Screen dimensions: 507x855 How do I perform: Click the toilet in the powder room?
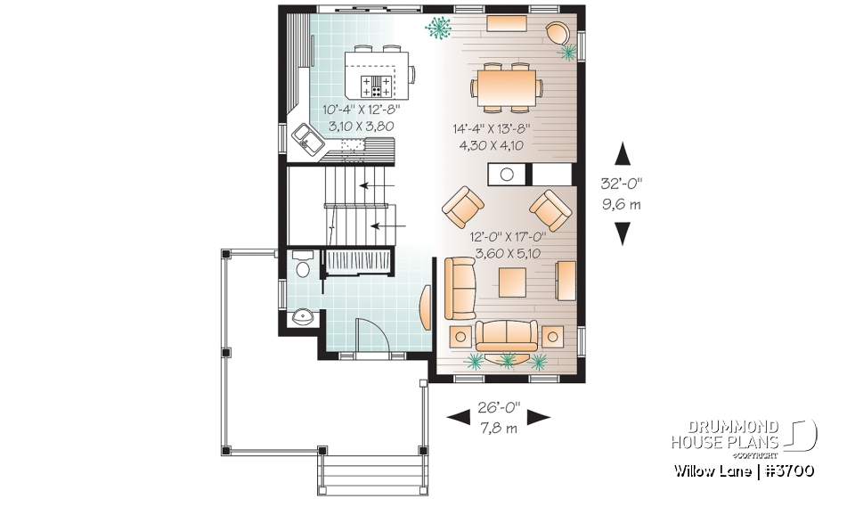tap(301, 266)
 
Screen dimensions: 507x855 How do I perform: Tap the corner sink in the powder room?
tap(301, 316)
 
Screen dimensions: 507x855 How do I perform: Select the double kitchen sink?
tap(307, 138)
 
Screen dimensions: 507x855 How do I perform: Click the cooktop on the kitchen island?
tap(377, 86)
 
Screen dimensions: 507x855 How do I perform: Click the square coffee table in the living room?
tap(514, 283)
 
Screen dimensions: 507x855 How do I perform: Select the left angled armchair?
tap(463, 207)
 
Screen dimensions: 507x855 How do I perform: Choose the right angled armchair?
tap(550, 209)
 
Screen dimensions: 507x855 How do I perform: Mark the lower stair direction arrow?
tap(383, 226)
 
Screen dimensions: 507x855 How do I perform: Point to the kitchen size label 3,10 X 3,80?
tap(361, 127)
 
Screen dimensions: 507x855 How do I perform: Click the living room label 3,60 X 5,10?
tap(507, 253)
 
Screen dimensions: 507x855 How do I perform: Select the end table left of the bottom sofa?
tap(460, 337)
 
